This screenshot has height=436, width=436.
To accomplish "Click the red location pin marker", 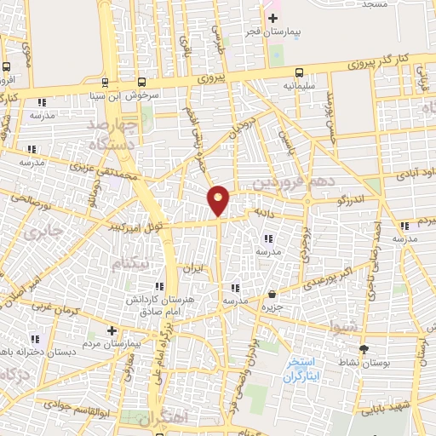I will coord(219,199).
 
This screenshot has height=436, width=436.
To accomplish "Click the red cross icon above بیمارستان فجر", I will coord(272,19).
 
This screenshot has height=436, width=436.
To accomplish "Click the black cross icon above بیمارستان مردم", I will coord(112,330).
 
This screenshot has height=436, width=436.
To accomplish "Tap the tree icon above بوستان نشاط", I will coord(364,349).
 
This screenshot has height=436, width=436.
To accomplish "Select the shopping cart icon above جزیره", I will coord(272,294).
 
